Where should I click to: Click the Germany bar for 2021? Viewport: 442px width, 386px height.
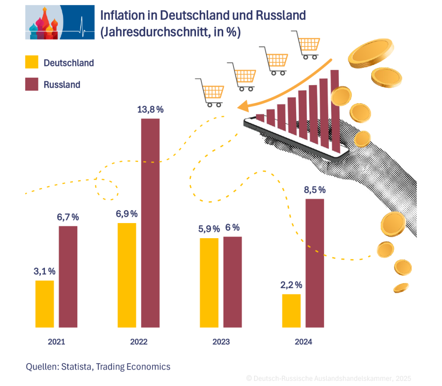(44, 304)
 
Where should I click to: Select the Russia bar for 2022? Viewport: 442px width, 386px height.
(150, 223)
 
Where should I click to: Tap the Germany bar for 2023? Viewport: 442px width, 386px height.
(209, 283)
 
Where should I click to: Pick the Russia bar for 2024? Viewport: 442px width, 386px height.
(315, 263)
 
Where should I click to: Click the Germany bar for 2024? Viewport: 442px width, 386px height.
(291, 311)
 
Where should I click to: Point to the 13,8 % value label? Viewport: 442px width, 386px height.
(150, 110)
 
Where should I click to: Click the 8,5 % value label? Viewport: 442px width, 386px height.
(315, 190)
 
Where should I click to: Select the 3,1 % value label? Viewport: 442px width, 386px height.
(44, 271)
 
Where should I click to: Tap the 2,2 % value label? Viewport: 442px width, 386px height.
(291, 285)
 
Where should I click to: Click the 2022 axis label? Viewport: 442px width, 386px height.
(139, 341)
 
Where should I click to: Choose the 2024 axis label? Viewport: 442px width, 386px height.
(303, 341)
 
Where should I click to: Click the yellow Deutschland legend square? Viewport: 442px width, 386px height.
(32, 62)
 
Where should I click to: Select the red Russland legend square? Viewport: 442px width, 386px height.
(32, 84)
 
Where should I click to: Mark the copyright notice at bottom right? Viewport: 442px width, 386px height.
(328, 378)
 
